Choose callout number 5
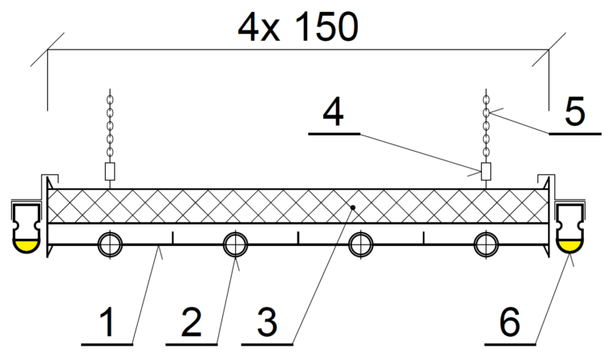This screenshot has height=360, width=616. point(574,112)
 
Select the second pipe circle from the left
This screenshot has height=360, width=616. point(235,244)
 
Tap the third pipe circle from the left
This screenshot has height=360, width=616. point(361,244)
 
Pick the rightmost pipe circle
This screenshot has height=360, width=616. point(486,244)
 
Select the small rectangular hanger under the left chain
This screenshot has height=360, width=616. point(111,172)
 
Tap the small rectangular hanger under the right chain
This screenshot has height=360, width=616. point(485,172)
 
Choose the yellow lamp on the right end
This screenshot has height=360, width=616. point(570,245)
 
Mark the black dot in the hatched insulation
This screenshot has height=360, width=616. point(352,207)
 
